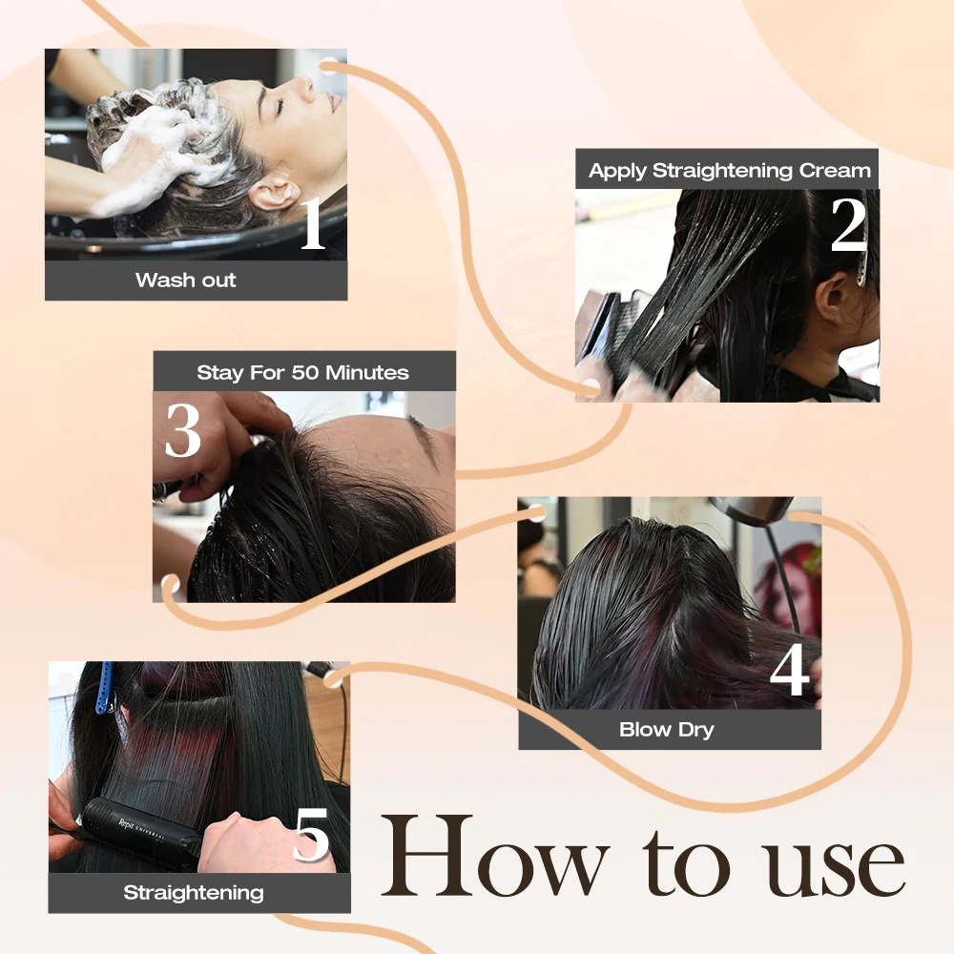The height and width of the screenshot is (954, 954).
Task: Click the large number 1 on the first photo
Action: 312,225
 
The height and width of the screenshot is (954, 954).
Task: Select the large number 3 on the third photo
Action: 183,430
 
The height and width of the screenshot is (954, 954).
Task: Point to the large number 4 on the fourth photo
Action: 789,672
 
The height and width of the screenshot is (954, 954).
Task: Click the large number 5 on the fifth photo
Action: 311,836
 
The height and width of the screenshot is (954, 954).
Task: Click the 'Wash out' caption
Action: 186,280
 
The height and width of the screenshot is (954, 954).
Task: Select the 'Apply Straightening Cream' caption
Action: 729,171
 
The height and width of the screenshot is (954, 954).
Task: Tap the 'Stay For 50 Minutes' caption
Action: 302,372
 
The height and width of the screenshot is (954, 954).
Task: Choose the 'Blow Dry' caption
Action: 667,730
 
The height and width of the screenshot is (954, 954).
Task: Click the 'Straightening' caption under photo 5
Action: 194,893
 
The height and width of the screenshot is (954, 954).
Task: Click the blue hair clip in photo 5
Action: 104,687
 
